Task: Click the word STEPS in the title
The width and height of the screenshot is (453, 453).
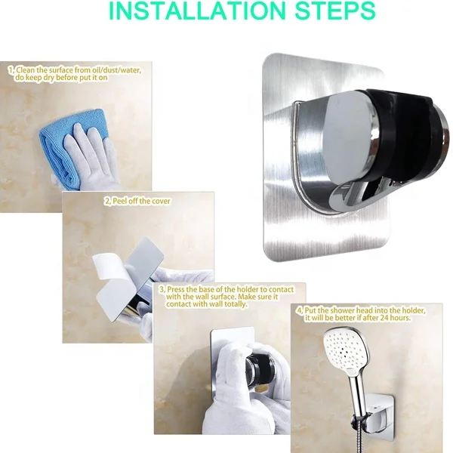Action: coord(333,13)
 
